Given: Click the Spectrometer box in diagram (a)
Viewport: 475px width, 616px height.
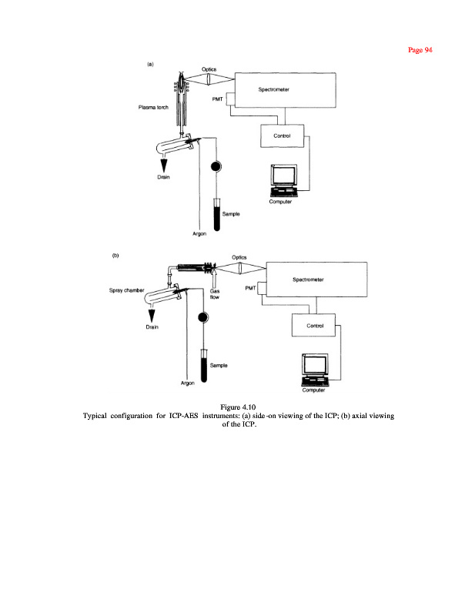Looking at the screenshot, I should coord(284,93).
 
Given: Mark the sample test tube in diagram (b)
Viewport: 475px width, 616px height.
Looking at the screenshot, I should coord(204,365).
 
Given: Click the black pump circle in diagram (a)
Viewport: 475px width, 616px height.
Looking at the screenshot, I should coord(216,166).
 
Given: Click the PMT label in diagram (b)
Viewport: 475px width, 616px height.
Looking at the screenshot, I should coord(249,288).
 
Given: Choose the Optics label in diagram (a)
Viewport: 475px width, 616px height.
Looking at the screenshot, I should coord(209,70).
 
